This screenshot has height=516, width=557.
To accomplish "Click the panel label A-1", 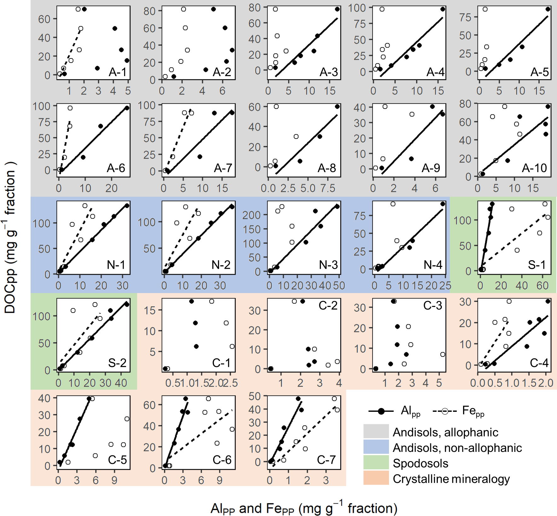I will click(x=117, y=72).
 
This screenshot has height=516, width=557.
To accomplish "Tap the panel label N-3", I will click(x=328, y=265).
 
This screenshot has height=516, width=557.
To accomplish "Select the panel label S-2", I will click(x=117, y=363).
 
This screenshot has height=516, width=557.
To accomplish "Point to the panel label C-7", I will click(x=326, y=459).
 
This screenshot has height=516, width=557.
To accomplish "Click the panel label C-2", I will click(x=328, y=305).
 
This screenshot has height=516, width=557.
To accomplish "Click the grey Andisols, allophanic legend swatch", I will click(x=376, y=432).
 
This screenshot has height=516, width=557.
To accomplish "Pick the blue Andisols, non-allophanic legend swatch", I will click(x=376, y=447).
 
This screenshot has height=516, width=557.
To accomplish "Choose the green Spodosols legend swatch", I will click(x=376, y=463).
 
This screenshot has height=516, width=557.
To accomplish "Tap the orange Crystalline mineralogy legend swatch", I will click(x=376, y=478).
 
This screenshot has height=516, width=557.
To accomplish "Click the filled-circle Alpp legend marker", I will click(x=381, y=411).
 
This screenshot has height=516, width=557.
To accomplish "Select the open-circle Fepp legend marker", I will click(x=445, y=411).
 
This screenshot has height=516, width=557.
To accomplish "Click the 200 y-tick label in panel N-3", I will click(x=252, y=215).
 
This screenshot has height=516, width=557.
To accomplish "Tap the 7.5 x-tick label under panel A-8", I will click(x=328, y=189).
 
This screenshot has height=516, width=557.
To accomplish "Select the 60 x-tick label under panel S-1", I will click(x=542, y=286).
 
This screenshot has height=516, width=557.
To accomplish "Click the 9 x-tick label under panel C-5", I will click(x=114, y=480).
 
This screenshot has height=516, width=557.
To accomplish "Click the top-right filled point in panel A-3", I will click(x=337, y=9).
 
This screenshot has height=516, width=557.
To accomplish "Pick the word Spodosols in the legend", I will click(x=420, y=463).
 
